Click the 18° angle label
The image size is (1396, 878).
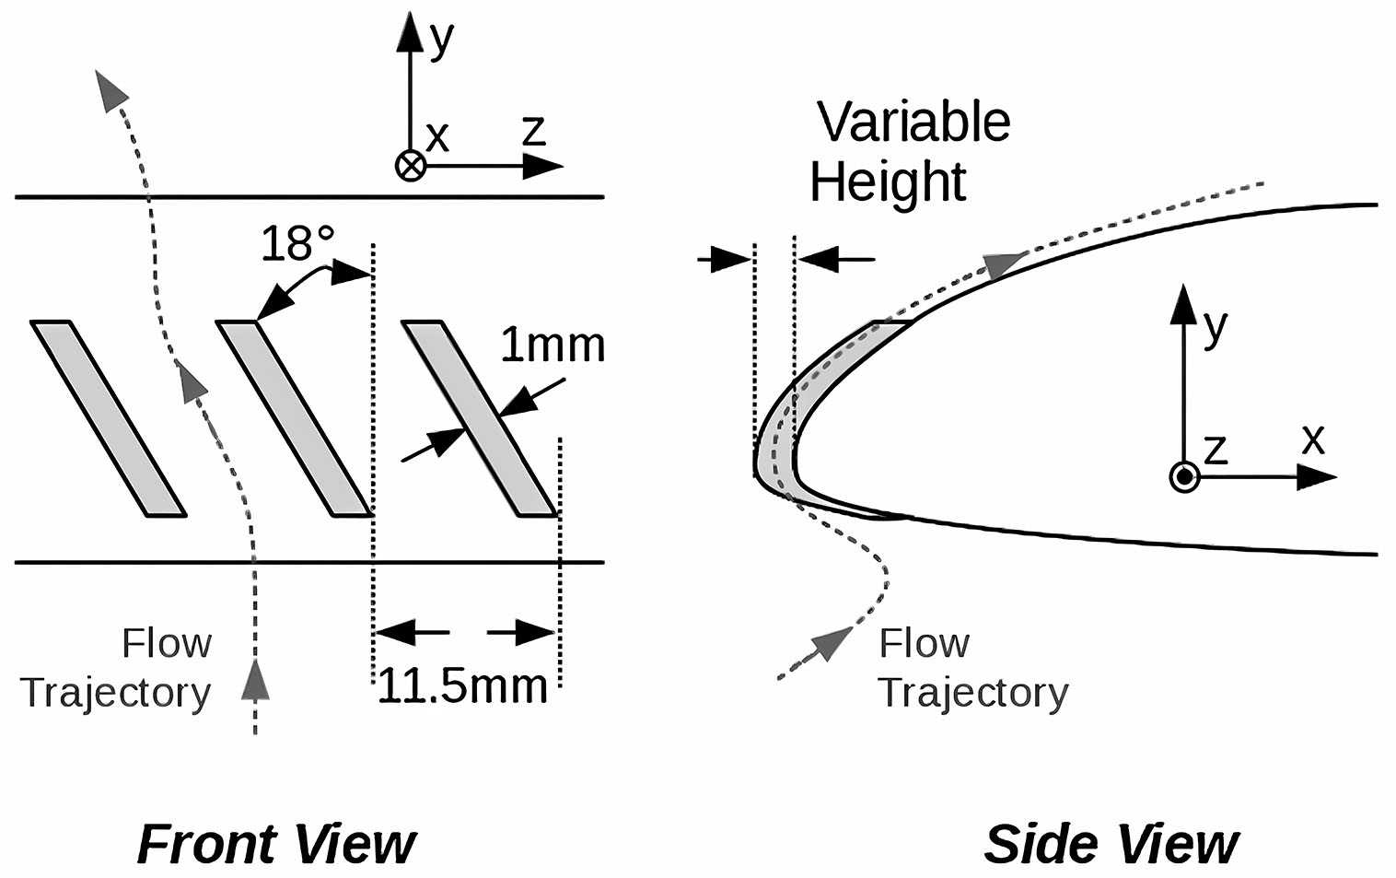pyautogui.click(x=297, y=244)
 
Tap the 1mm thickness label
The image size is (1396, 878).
pyautogui.click(x=553, y=345)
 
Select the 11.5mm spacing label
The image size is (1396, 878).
pyautogui.click(x=462, y=685)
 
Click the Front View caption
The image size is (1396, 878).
pyautogui.click(x=276, y=844)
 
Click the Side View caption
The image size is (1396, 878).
pyautogui.click(x=1111, y=844)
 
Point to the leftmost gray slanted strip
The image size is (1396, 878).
pyautogui.click(x=109, y=418)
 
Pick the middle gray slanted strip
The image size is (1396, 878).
pyautogui.click(x=294, y=418)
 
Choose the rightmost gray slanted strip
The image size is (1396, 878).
pyautogui.click(x=480, y=418)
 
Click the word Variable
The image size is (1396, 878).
pyautogui.click(x=913, y=122)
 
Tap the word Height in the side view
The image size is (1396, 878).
pyautogui.click(x=888, y=181)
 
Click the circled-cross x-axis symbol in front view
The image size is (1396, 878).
pyautogui.click(x=410, y=166)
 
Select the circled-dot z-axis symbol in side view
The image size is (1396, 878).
pyautogui.click(x=1184, y=477)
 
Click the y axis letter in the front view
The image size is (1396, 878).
pyautogui.click(x=442, y=39)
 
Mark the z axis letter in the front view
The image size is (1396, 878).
pyautogui.click(x=534, y=131)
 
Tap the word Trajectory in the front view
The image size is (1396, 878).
pyautogui.click(x=116, y=693)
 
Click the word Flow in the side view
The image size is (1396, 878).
pyautogui.click(x=924, y=643)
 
